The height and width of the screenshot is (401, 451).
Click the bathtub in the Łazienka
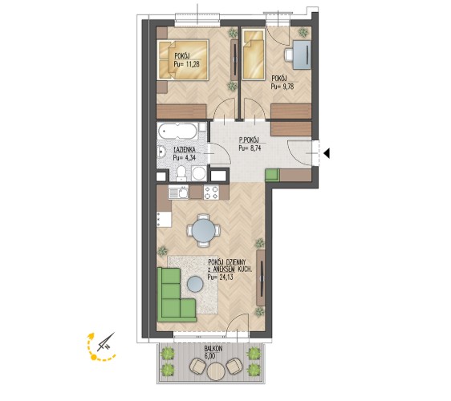coord(178,132)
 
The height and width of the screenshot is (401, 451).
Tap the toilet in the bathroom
coord(181,173)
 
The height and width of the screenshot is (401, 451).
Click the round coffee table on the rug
coord(195,284)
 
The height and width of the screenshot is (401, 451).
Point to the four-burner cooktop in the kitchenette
coord(211,192)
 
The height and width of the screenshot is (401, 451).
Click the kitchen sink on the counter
coord(178,192)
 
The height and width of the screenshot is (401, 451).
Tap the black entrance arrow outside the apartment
coord(327,153)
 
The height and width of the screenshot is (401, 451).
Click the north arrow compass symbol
coord(105,342)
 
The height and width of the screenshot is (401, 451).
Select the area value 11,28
coord(191,64)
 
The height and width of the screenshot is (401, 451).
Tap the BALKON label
coord(213,348)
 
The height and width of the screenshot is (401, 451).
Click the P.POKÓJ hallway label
coord(249,140)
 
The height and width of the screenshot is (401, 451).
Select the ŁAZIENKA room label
coord(185,150)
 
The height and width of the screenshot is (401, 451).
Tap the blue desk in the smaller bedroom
coord(302,55)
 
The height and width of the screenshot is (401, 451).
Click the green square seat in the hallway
coord(272,175)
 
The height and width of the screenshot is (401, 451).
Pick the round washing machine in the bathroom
coord(198,173)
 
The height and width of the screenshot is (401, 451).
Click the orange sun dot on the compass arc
coord(93,358)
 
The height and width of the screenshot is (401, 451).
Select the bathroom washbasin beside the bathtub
coord(161,152)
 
